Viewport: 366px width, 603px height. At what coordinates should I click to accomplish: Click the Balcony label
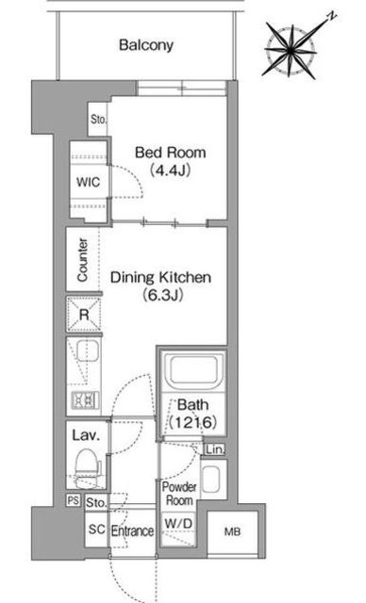146,45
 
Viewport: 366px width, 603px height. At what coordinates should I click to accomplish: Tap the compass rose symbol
291,50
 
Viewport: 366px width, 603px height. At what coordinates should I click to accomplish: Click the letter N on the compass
332,16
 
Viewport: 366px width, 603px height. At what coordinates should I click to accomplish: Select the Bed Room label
170,153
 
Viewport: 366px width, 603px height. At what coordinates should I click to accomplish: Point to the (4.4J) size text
170,170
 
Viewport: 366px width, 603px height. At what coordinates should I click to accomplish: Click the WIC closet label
88,182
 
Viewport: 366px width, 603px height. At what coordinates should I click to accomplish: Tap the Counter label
82,260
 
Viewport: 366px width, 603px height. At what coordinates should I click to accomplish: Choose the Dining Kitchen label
161,277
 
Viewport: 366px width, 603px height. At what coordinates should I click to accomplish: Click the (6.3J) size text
161,295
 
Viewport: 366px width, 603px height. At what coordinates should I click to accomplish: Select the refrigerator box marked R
84,314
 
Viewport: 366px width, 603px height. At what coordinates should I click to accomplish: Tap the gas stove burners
86,399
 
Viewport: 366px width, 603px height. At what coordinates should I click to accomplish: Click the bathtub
193,371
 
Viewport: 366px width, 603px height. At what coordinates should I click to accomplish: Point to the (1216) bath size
192,422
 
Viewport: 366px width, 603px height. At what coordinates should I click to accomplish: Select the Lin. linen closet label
214,449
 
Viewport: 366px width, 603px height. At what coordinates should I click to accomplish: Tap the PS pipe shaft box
74,500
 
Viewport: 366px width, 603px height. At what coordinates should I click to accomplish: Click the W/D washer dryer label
178,523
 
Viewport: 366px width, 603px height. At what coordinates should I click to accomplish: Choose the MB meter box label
232,531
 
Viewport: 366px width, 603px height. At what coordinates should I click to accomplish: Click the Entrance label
132,531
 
